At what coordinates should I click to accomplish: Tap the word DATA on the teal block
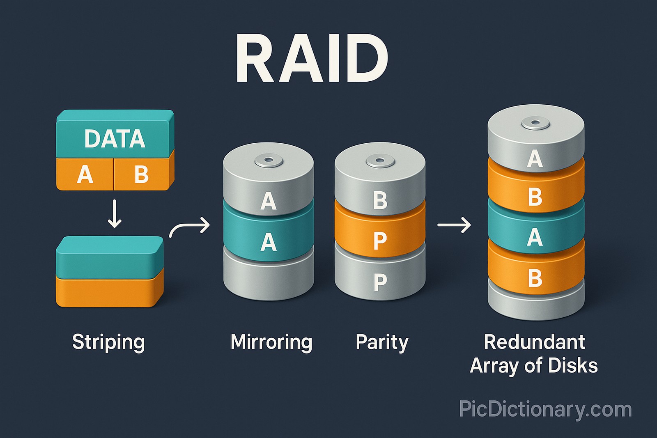click(x=115, y=139)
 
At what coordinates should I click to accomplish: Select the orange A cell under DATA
click(x=85, y=174)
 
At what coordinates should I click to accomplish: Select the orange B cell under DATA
click(x=141, y=174)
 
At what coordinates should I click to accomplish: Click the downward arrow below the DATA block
click(x=115, y=214)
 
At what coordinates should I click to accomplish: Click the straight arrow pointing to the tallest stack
click(x=454, y=225)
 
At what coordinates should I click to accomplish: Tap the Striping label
click(x=108, y=342)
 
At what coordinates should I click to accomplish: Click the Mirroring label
click(x=271, y=342)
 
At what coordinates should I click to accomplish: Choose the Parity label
click(x=382, y=342)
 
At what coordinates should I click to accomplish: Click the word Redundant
click(x=534, y=342)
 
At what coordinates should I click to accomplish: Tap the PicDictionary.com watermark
click(x=545, y=409)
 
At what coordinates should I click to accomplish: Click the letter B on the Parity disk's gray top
click(x=380, y=201)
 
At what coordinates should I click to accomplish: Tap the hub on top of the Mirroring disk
click(x=269, y=161)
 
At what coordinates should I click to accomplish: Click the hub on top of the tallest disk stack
click(x=535, y=123)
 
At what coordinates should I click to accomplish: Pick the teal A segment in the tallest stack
click(x=535, y=237)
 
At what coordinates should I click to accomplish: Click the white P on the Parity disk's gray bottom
click(x=380, y=282)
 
